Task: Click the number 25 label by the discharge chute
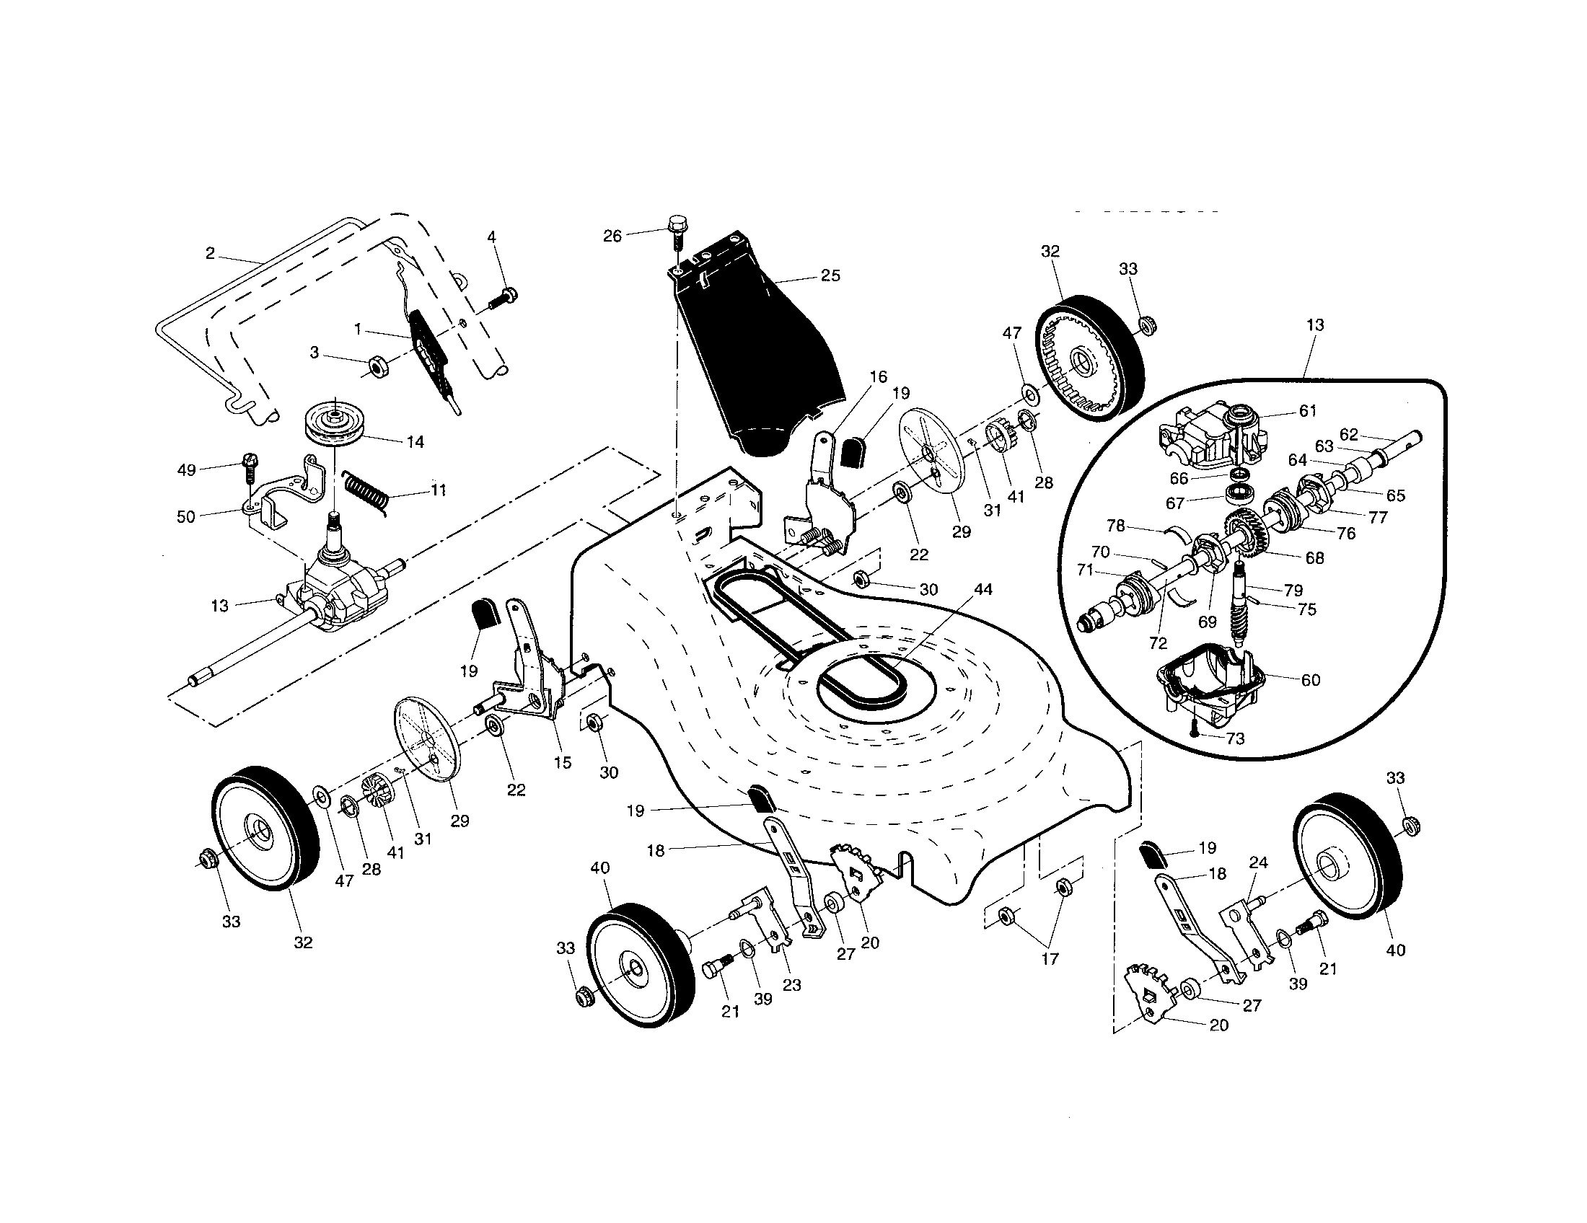tap(830, 276)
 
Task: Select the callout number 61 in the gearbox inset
tap(1307, 411)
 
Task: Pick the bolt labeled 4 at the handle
tap(503, 297)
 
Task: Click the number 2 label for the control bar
tap(210, 253)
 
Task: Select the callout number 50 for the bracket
tap(186, 517)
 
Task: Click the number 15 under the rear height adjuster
tap(563, 762)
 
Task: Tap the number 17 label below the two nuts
tap(1050, 958)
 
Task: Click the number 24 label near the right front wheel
tap(1258, 862)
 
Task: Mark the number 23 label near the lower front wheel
tap(791, 986)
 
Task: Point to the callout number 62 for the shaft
tap(1349, 434)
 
